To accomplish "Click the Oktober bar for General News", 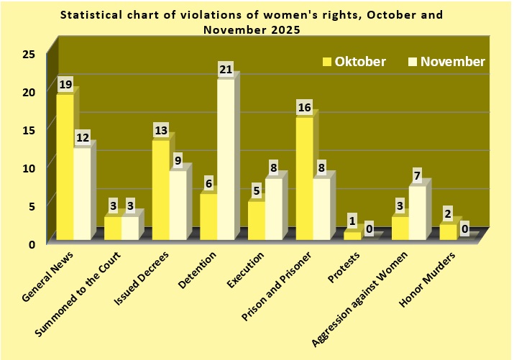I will [x=65, y=167].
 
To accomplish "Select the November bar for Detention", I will [x=225, y=160].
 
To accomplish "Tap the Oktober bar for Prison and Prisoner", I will [x=304, y=178].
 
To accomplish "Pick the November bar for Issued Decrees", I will [x=177, y=205].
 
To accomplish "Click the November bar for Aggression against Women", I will [x=417, y=213].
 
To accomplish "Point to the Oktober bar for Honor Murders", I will [x=448, y=231].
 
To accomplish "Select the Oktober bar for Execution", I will [x=256, y=220].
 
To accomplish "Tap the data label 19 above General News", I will [x=65, y=85].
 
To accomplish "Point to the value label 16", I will [x=305, y=107].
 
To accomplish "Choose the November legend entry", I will [x=446, y=61].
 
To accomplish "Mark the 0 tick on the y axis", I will [x=32, y=244].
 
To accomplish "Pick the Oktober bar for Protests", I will [x=352, y=235].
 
